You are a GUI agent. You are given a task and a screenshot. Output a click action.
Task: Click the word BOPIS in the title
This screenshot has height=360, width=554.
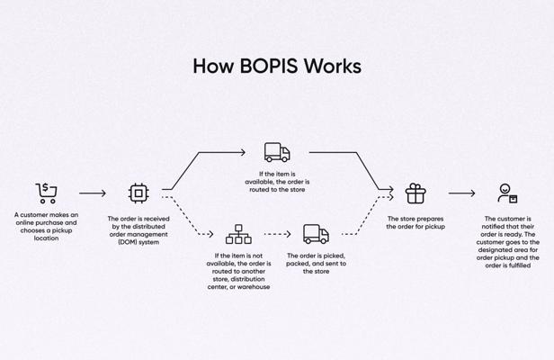[268, 66]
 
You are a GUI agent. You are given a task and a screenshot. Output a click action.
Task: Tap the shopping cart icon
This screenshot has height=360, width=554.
[46, 193]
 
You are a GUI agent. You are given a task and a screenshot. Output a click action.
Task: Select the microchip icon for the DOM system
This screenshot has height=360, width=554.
[138, 193]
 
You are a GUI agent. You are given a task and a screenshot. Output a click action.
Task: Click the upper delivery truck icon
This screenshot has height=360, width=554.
[277, 152]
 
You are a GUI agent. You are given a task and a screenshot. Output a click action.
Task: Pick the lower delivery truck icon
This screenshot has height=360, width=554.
[316, 234]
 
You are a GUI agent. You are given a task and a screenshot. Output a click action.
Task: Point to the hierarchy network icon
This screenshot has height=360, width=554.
[238, 234]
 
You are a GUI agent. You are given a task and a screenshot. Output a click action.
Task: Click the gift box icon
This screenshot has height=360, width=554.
[415, 193]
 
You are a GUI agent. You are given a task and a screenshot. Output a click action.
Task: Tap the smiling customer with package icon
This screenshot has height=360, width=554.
[508, 193]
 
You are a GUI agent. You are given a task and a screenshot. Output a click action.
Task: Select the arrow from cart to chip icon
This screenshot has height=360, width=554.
[93, 193]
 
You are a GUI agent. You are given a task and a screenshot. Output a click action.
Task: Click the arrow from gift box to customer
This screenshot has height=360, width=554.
[461, 193]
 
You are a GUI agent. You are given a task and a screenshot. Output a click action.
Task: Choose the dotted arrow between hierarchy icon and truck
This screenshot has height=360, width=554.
[277, 234]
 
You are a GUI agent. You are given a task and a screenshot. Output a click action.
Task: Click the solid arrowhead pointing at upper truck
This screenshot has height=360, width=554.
[243, 152]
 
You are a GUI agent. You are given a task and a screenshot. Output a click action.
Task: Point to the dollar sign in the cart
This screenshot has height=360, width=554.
[46, 188]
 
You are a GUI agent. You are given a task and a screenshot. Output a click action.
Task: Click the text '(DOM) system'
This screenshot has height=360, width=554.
[138, 242]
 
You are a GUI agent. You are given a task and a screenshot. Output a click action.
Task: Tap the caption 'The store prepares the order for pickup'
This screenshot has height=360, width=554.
[415, 222]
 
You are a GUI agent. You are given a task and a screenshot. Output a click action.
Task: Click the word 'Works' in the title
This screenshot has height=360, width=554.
[332, 66]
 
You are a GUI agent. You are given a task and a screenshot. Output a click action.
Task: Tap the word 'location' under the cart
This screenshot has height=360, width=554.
[46, 238]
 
